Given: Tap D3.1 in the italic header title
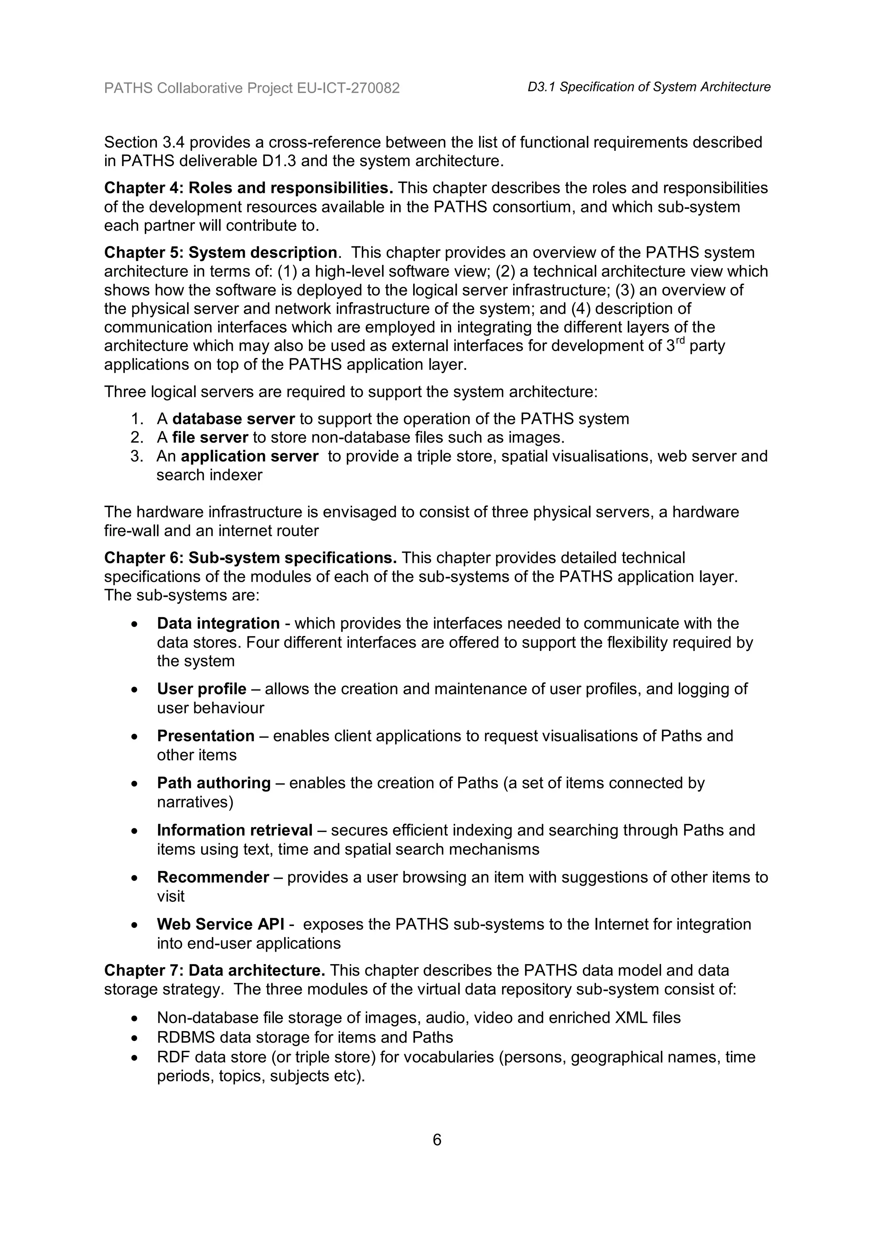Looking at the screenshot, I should point(541,87).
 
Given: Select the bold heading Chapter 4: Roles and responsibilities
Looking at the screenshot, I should point(248,188).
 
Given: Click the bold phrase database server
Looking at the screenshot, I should point(233,419).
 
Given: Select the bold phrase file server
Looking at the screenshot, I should point(210,437).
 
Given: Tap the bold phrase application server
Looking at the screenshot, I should point(250,456).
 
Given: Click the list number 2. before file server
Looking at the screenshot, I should point(137,437).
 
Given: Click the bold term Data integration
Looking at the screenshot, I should point(218,623).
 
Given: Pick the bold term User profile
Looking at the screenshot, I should point(202,689).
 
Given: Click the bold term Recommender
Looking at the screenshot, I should point(213,876).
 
